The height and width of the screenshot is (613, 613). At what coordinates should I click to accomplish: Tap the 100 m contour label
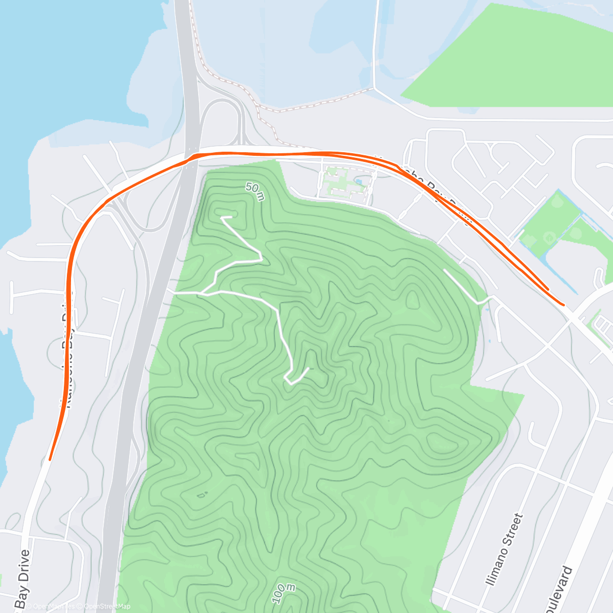point(284,593)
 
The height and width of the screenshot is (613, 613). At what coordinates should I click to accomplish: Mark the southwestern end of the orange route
point(50,459)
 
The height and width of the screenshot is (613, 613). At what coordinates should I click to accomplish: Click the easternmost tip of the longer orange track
point(563,304)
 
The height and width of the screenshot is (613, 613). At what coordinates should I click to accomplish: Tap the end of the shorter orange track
point(548,289)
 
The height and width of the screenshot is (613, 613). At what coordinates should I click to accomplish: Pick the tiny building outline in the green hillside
point(202,494)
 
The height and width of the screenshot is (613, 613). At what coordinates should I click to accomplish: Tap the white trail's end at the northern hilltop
point(223,218)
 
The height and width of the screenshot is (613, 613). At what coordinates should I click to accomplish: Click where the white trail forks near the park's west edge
point(202,293)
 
